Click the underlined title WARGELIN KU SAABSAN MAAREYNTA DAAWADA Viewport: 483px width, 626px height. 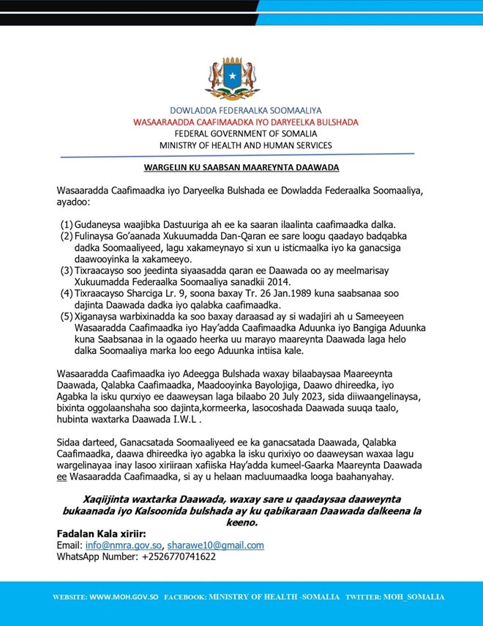pyautogui.click(x=241, y=168)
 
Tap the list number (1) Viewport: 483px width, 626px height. pyautogui.click(x=66, y=224)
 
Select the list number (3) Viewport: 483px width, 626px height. pyautogui.click(x=66, y=270)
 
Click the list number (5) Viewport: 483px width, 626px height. pyautogui.click(x=66, y=317)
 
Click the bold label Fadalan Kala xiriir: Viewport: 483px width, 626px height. pyautogui.click(x=101, y=534)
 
